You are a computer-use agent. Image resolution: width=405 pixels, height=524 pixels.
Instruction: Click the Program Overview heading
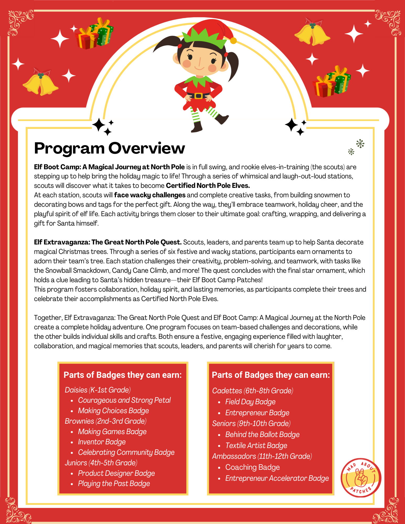[109, 148]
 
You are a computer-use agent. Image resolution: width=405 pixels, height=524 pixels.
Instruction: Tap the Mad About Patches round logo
[361, 477]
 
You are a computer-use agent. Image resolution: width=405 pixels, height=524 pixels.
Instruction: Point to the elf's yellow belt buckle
[198, 96]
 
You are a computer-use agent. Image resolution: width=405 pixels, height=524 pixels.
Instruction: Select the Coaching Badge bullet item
[252, 467]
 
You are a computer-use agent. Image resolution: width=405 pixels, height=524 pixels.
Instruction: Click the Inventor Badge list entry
[102, 442]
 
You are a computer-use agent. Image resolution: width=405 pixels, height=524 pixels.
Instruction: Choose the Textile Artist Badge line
[256, 445]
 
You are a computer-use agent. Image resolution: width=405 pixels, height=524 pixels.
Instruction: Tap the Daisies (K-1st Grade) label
[98, 390]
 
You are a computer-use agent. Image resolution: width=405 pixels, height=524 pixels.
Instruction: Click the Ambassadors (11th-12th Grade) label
[262, 456]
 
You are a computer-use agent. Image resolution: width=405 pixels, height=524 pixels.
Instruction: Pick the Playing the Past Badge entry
[114, 484]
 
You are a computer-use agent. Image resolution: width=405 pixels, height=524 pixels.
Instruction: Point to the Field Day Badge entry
[250, 402]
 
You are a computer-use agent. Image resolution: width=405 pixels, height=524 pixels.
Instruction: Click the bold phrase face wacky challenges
[150, 195]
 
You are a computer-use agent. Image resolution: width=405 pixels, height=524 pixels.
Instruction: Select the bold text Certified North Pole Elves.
[208, 185]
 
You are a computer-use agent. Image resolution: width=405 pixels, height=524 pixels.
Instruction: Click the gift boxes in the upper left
[94, 34]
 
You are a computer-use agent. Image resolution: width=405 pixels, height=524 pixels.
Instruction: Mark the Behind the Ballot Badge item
[262, 434]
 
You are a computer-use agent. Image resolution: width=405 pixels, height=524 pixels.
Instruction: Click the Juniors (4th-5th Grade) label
[101, 463]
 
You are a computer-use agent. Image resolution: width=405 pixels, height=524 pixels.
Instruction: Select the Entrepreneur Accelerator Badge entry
[277, 478]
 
